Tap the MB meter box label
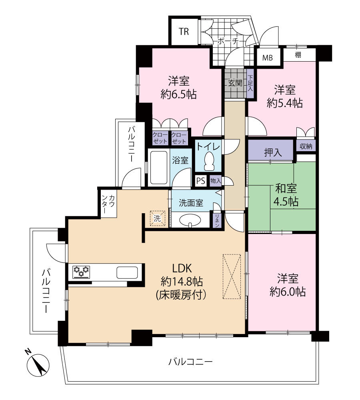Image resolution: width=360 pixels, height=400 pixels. [267, 58]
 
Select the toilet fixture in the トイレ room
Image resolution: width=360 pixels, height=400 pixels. [209, 162]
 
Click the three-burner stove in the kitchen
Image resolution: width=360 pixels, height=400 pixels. [81, 271]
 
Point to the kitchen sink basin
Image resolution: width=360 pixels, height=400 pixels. [127, 272]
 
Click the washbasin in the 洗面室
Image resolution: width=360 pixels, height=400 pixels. [190, 220]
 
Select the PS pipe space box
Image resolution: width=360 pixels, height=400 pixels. [200, 181]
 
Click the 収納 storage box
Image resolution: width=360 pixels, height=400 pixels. [306, 146]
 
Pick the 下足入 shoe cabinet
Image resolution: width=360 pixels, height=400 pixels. [250, 84]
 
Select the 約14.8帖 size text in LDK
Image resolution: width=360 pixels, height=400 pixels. [182, 281]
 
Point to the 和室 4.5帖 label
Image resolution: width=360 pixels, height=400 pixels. [286, 195]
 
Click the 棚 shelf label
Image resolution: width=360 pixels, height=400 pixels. [298, 54]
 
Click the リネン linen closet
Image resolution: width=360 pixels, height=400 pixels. [217, 220]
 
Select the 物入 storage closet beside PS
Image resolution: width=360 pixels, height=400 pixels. [216, 181]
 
